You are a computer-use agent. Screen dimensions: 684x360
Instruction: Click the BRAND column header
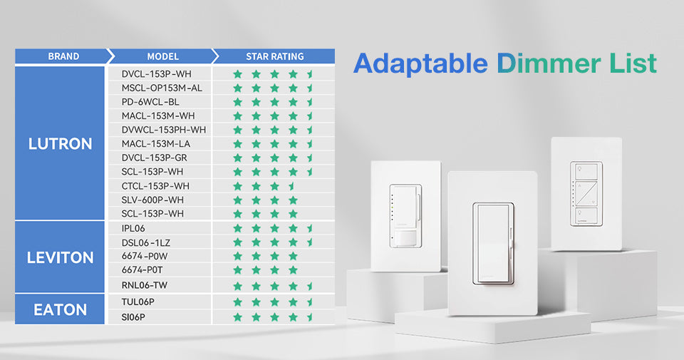63,56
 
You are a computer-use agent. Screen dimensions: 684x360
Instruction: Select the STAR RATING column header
275,56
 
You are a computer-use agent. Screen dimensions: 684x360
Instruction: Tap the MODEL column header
162,56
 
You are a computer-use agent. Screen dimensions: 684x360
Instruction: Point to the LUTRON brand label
60,143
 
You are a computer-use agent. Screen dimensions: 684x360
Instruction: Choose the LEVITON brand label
60,257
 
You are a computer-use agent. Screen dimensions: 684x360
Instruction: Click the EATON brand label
60,310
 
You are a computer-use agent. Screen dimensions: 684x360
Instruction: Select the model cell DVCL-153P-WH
156,74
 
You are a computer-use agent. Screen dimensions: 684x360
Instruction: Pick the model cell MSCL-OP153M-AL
162,88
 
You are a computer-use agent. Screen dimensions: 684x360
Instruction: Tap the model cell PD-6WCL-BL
150,102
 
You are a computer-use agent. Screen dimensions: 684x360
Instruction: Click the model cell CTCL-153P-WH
155,186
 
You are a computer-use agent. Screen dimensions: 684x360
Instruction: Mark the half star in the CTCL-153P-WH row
291,186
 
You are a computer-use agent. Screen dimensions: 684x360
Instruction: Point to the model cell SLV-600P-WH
152,200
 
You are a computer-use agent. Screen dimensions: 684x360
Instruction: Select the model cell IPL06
133,228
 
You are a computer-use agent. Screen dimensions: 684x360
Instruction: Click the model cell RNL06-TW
145,285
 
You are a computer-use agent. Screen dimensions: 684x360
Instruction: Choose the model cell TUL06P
138,302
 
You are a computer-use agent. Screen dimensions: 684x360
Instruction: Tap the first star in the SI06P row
238,317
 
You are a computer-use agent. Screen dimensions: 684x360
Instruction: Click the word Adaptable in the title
420,63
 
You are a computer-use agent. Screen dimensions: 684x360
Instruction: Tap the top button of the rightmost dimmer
586,171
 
